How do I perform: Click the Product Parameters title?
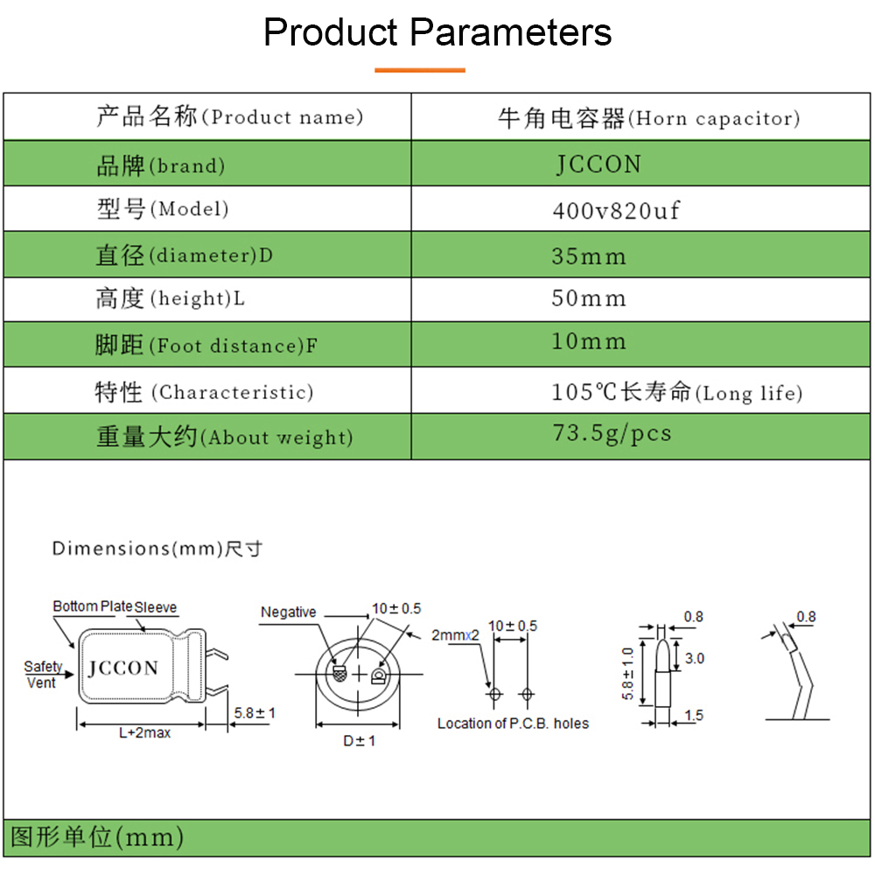click(x=437, y=31)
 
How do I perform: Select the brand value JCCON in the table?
click(x=598, y=164)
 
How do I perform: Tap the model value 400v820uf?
click(x=616, y=210)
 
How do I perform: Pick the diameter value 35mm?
click(x=589, y=256)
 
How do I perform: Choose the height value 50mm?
click(x=589, y=298)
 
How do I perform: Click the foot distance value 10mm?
click(x=589, y=341)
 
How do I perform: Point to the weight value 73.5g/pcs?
click(x=612, y=433)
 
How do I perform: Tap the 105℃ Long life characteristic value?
click(x=677, y=392)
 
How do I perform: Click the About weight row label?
click(x=224, y=437)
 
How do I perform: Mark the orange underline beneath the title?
click(x=420, y=70)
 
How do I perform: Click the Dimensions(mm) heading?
click(x=157, y=549)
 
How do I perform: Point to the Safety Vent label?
click(x=42, y=675)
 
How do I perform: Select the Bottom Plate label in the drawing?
click(x=93, y=606)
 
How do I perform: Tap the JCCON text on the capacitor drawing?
click(x=123, y=668)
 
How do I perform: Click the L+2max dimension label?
click(x=144, y=732)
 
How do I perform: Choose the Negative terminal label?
click(x=289, y=612)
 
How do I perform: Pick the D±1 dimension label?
click(x=360, y=741)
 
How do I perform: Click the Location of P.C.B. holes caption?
click(x=513, y=724)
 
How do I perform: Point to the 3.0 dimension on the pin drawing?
click(x=695, y=659)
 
